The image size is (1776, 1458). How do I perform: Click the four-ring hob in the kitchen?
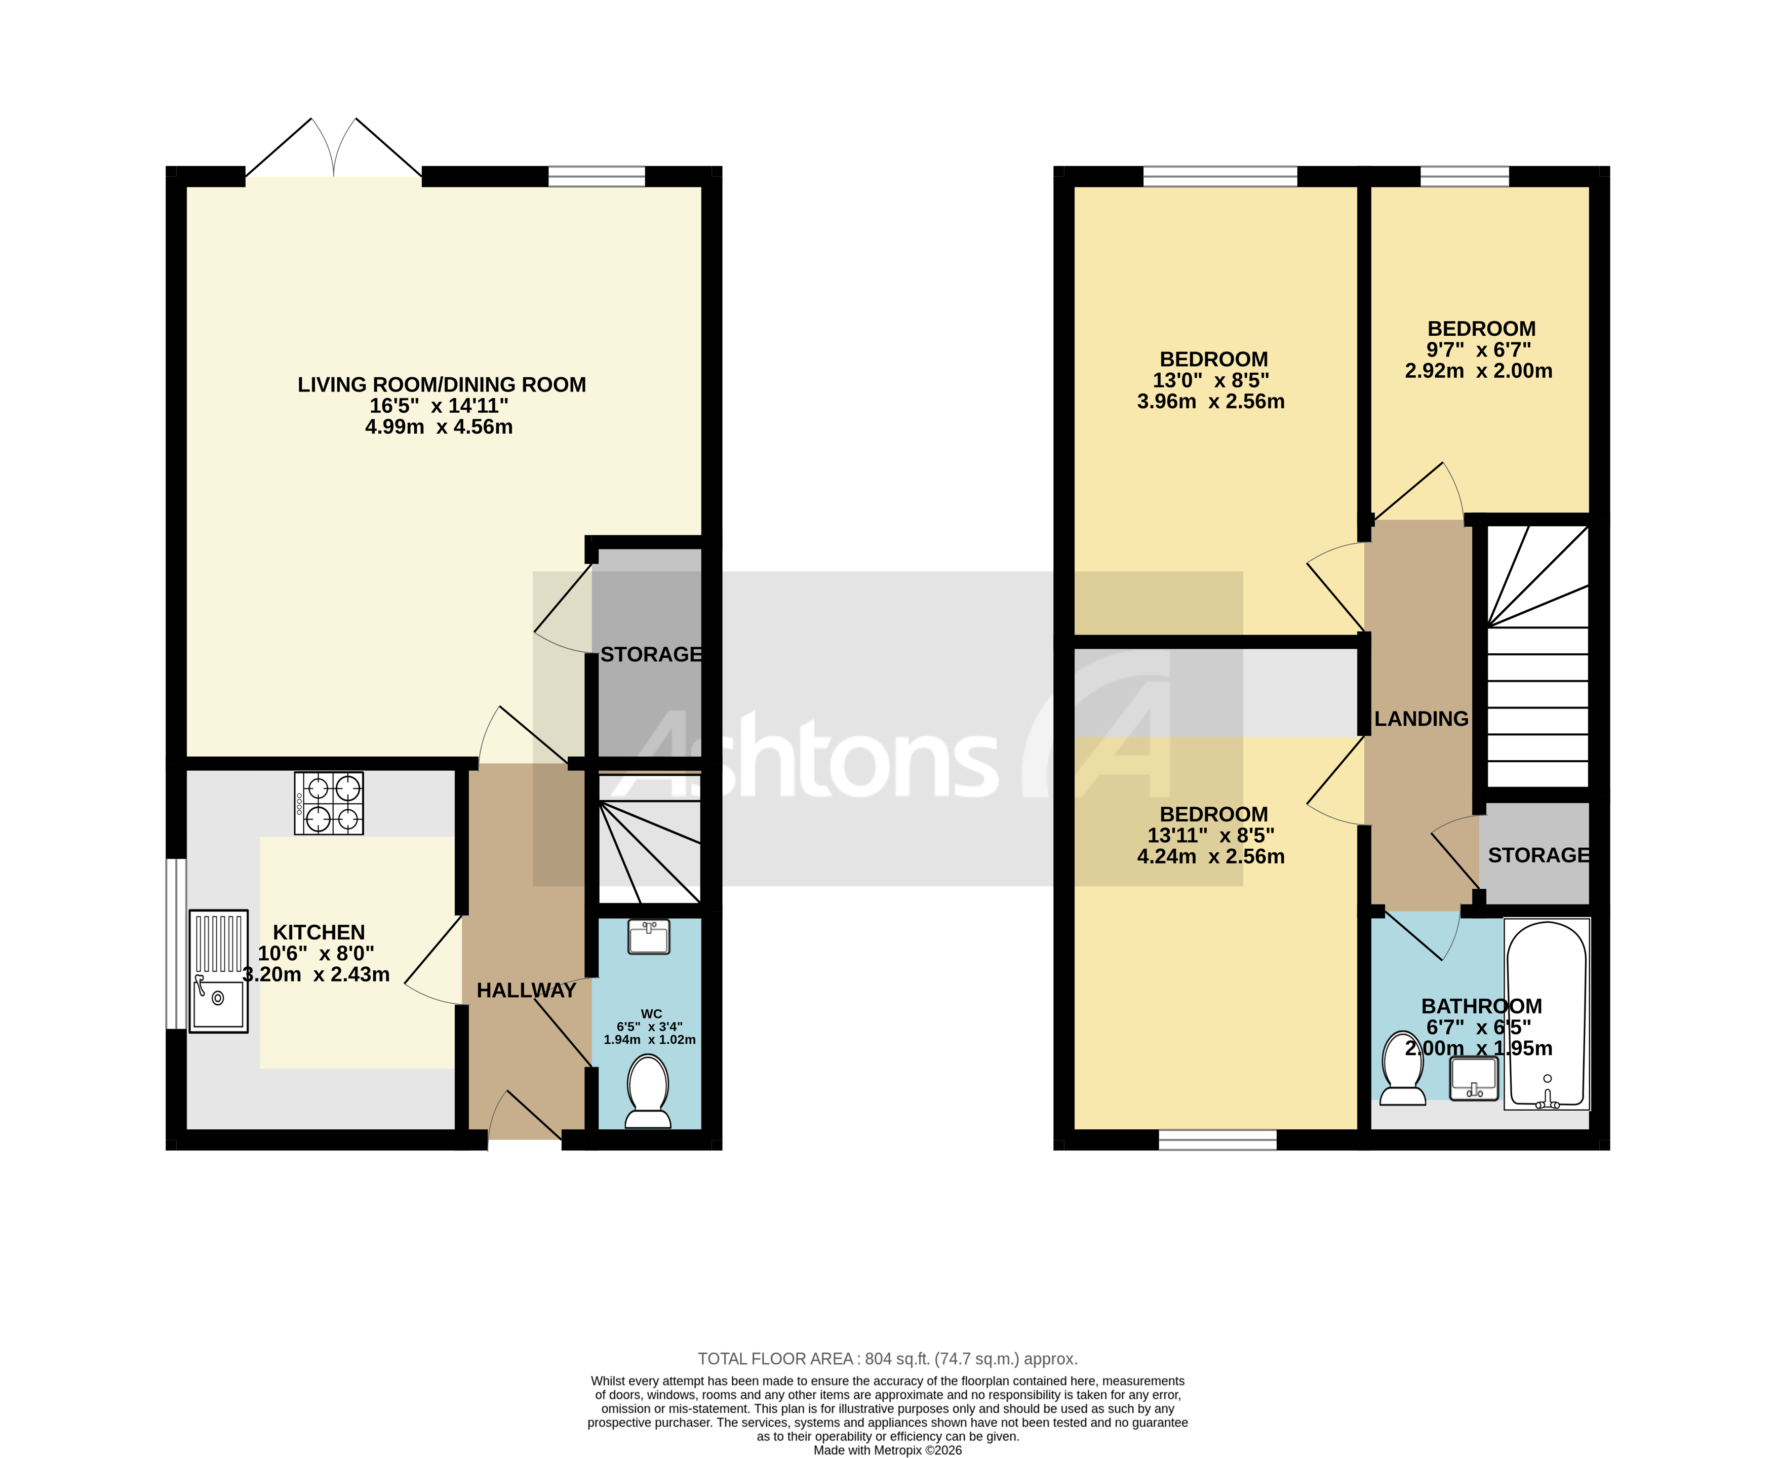pyautogui.click(x=328, y=803)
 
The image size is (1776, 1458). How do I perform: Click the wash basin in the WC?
pyautogui.click(x=648, y=936)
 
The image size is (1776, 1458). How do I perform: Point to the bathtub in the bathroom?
pyautogui.click(x=1546, y=1014)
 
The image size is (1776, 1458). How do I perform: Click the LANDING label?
pyautogui.click(x=1421, y=719)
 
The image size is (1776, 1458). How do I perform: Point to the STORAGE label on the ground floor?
pyautogui.click(x=651, y=654)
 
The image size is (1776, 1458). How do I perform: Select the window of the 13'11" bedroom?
pyautogui.click(x=1217, y=1139)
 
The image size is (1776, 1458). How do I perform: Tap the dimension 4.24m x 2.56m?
pyautogui.click(x=1210, y=857)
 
